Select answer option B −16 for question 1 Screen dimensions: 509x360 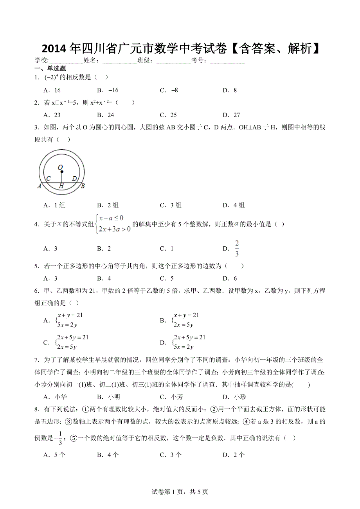pos(108,90)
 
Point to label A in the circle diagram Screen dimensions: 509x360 pos(40,186)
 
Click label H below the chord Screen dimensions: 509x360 pos(61,186)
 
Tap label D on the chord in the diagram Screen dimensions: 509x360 pos(74,179)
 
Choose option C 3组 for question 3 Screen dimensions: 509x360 pos(170,205)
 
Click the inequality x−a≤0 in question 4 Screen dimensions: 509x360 pos(111,218)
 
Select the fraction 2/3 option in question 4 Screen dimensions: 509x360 pos(237,249)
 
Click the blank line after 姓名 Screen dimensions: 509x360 pos(119,61)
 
